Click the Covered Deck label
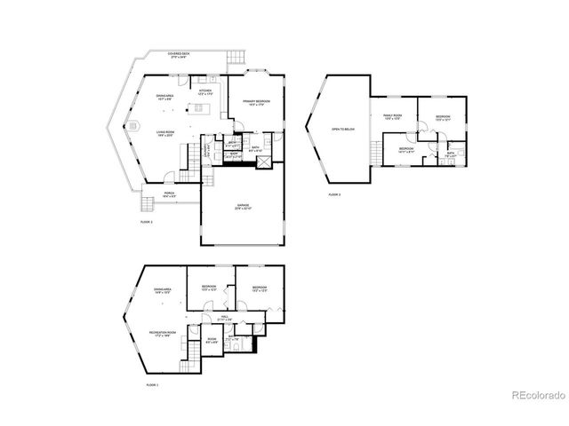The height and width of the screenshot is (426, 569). (183, 54)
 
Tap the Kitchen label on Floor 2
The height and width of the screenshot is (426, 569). (204, 92)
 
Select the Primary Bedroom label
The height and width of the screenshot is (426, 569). (256, 103)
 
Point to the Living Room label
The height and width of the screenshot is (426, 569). (165, 133)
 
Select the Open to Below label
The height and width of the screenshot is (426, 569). (342, 129)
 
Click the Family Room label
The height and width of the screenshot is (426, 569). (393, 116)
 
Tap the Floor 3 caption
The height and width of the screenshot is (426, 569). (333, 193)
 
